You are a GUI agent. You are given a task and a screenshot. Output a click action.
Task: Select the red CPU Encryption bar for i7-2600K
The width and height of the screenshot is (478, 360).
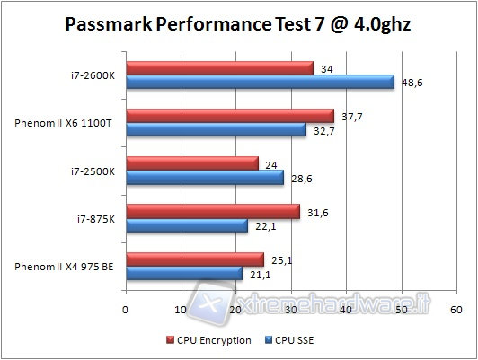click(x=219, y=68)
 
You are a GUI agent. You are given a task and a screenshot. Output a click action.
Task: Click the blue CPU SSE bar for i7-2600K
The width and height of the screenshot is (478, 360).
click(x=260, y=82)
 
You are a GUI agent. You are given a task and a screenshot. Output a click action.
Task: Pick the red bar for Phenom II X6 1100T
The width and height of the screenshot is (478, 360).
click(x=229, y=116)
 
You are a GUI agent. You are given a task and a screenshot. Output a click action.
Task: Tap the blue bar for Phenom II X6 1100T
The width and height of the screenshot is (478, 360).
click(x=216, y=130)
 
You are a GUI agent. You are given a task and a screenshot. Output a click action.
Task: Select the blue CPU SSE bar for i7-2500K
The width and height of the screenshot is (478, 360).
click(x=204, y=178)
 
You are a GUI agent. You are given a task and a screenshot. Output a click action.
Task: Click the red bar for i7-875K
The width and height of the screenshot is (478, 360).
click(x=212, y=212)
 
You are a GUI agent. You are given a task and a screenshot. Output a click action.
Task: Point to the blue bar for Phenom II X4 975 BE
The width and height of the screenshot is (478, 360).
click(x=183, y=274)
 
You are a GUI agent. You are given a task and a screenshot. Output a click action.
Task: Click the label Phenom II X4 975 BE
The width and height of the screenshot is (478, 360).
click(x=65, y=267)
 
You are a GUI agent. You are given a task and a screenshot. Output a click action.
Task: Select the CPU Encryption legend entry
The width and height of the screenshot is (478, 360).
click(x=208, y=340)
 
